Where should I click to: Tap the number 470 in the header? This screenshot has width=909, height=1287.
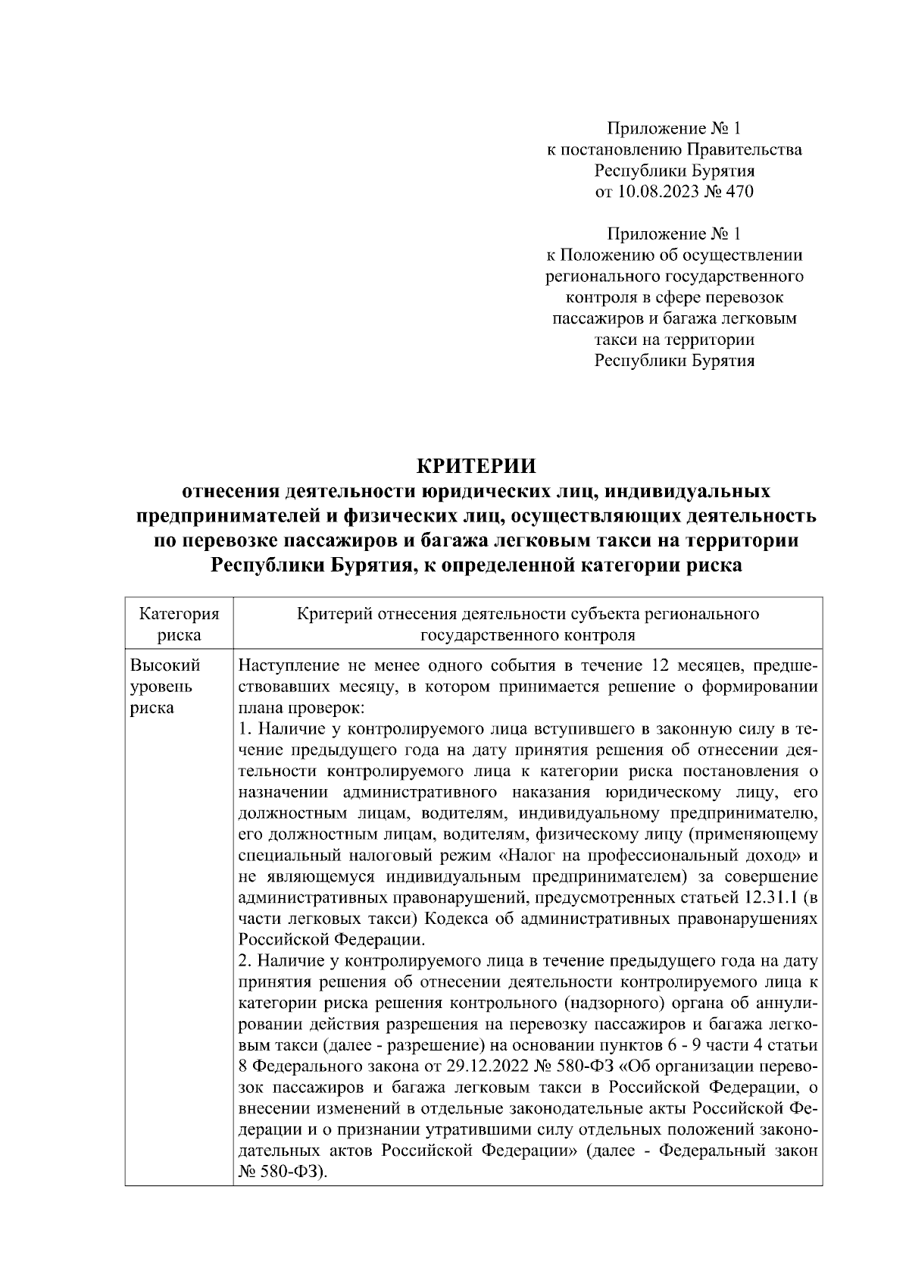(739, 192)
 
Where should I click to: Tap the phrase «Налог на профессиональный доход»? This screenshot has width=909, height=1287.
(648, 856)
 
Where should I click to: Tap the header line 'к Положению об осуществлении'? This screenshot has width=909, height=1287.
(674, 255)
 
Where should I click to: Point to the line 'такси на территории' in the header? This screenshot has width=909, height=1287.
(674, 340)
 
